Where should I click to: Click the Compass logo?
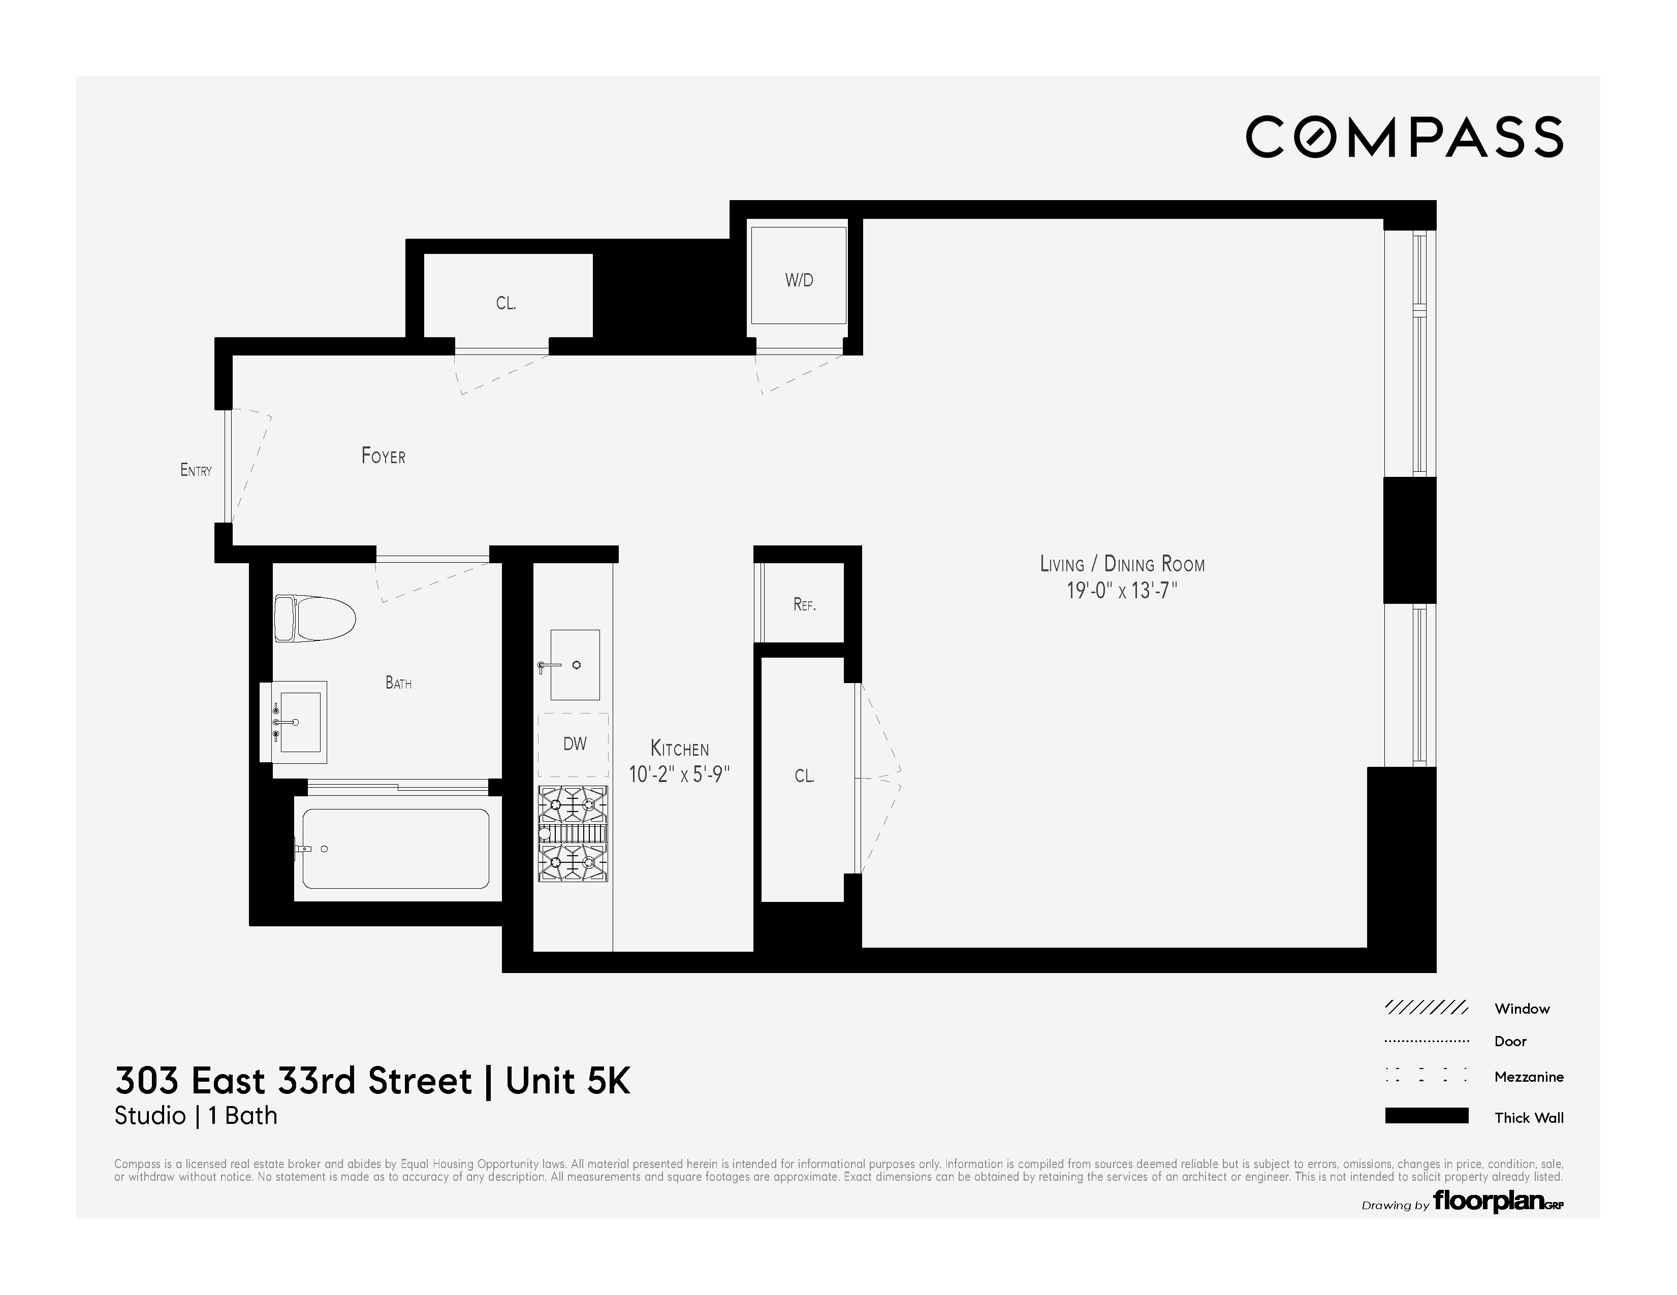1404,138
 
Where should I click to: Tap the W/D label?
799,280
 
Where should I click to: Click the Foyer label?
383,456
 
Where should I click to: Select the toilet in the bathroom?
315,618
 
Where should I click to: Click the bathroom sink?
299,722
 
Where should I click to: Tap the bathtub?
395,848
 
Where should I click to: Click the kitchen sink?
575,665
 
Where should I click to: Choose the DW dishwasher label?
575,743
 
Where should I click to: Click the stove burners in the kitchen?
573,834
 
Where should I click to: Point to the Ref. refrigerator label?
804,605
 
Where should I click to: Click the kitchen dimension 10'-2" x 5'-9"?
679,774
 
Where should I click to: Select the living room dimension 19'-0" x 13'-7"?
1122,591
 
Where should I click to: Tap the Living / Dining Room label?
1122,564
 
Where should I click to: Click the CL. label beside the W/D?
505,303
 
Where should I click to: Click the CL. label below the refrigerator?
804,776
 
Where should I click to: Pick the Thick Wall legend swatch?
1426,1116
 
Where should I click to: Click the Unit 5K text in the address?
567,1081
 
